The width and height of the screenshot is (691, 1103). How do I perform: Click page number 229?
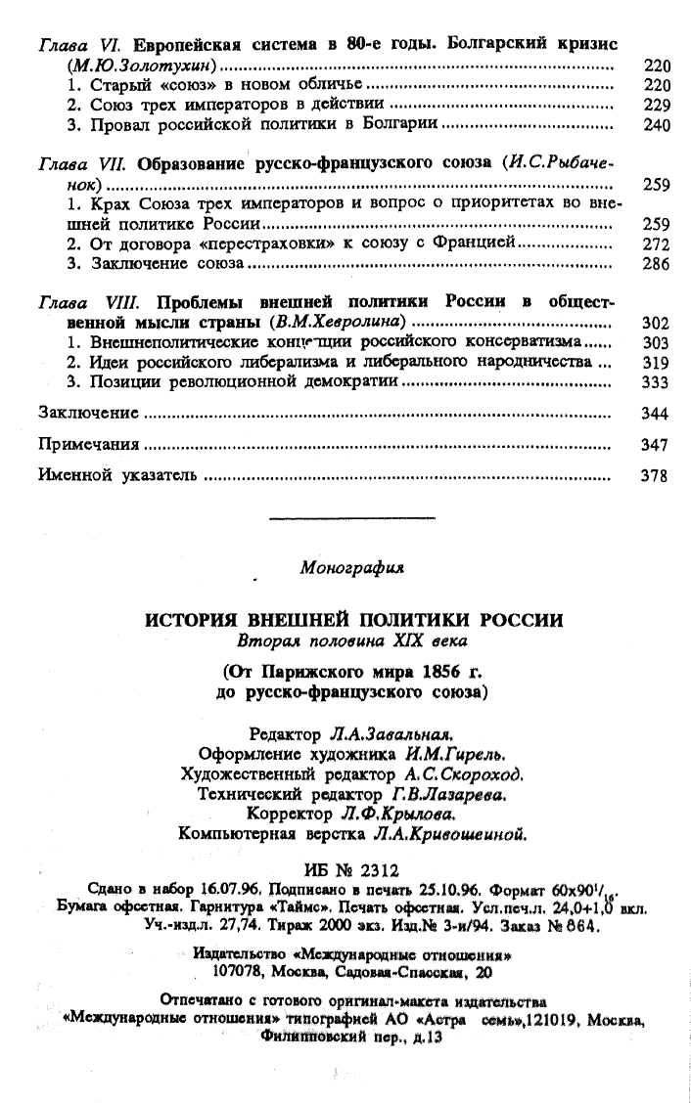(x=656, y=106)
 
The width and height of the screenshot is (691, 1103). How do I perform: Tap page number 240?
(x=656, y=126)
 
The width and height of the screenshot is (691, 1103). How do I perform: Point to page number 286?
(x=656, y=265)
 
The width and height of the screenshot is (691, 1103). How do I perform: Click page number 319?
(x=656, y=363)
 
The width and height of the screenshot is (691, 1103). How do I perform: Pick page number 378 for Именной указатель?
(x=656, y=477)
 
